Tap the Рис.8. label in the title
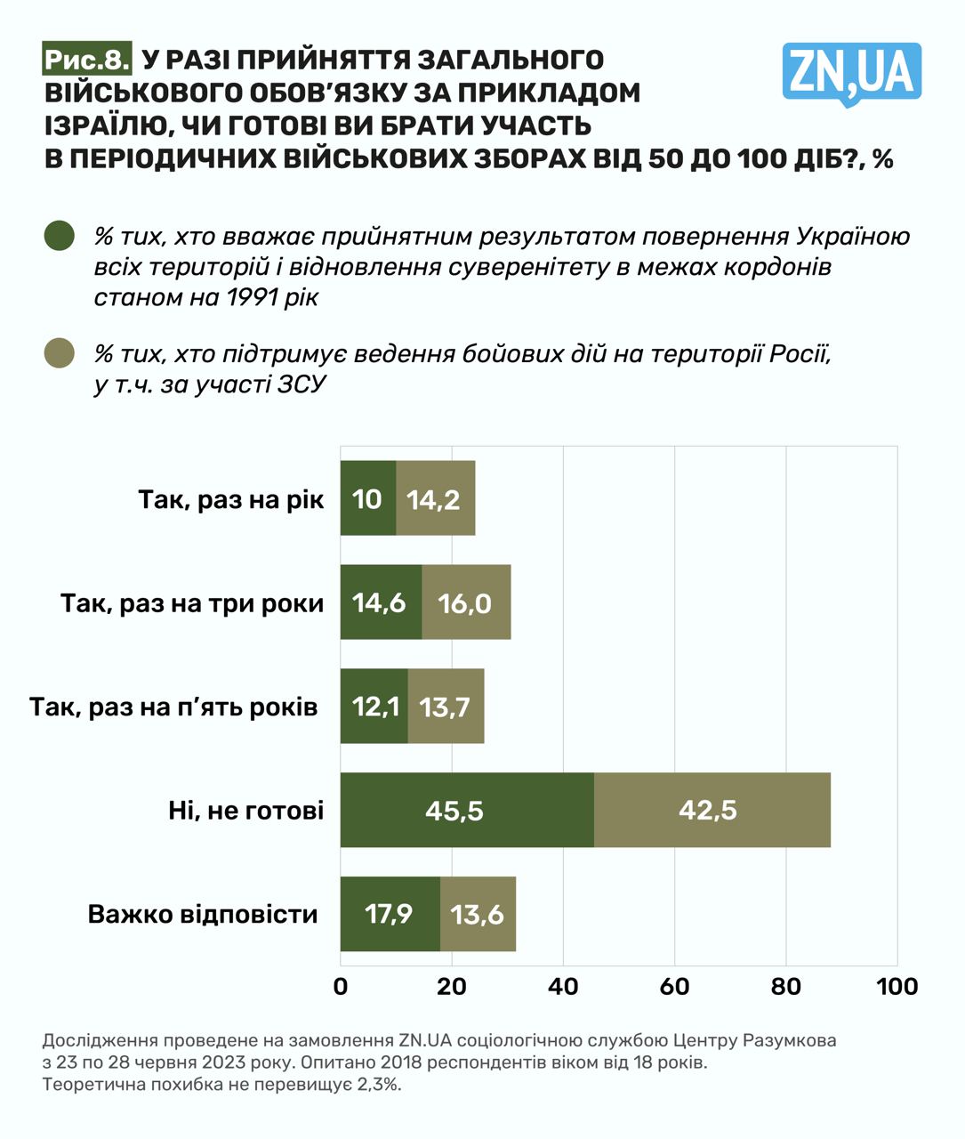pos(87,60)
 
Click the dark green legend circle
pos(60,236)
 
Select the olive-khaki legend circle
pos(60,353)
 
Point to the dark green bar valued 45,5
pos(467,810)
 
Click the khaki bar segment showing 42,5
pos(712,810)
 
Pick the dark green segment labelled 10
pos(368,498)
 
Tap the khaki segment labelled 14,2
pos(435,498)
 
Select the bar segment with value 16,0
pos(466,602)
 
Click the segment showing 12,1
pos(374,707)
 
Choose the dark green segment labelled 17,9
pos(390,914)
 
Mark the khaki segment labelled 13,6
pos(478,914)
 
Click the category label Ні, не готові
pos(246,811)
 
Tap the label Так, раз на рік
pos(231,499)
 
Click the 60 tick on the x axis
pos(674,986)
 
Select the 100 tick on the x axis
pos(897,986)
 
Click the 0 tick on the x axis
pos(341,986)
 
